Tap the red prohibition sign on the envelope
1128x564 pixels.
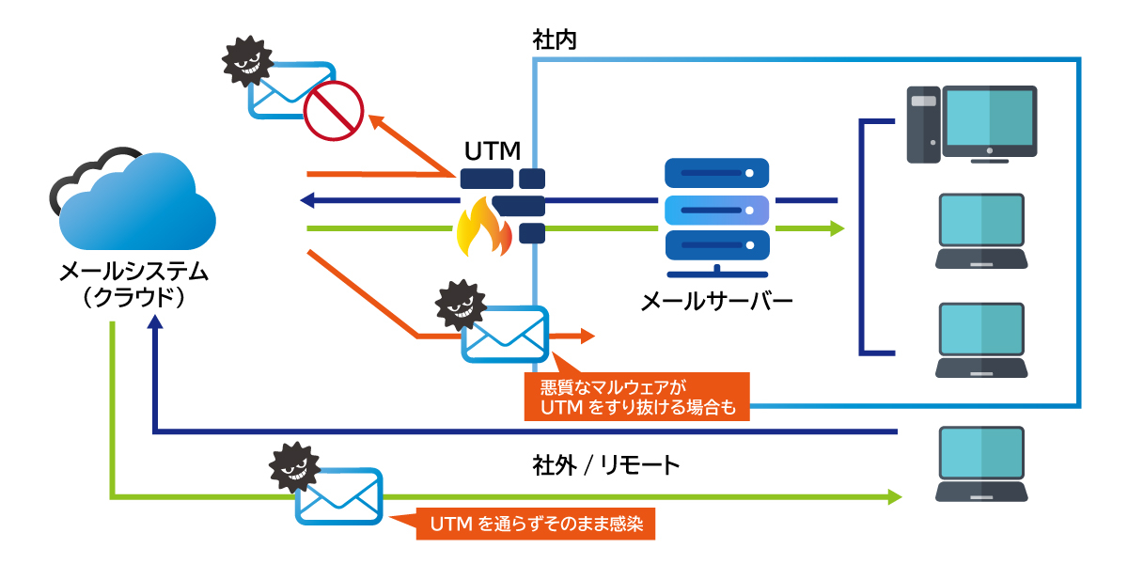(x=333, y=109)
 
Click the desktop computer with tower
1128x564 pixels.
(x=972, y=124)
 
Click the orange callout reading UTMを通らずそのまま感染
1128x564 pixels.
(x=536, y=524)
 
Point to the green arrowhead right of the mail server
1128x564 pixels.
(x=837, y=228)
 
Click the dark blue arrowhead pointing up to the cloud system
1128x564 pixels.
(x=155, y=322)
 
